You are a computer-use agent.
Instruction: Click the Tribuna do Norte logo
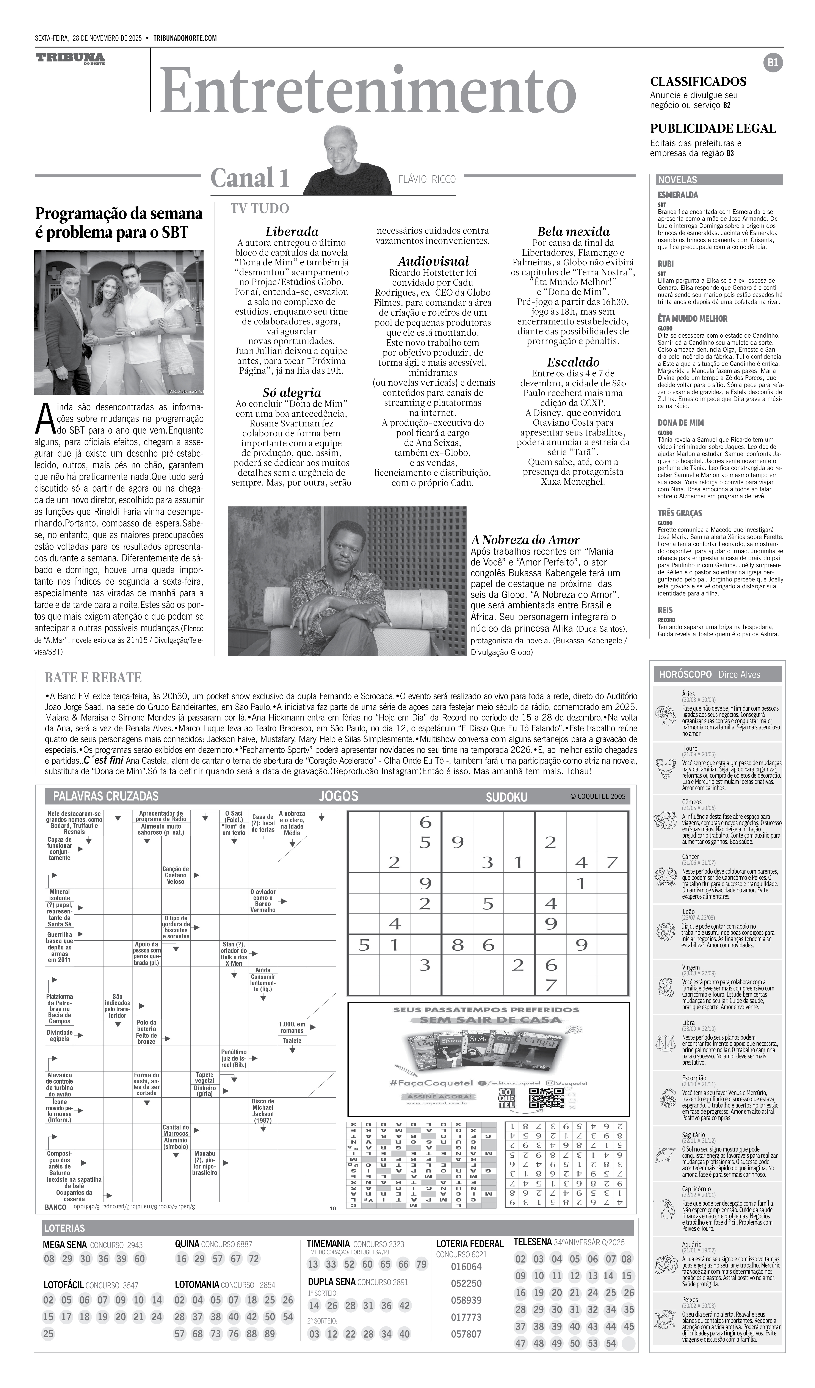click(x=70, y=58)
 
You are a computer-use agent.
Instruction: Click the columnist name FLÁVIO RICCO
click(x=427, y=179)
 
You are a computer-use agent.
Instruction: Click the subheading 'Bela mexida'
click(x=573, y=231)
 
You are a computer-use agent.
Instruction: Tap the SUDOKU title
click(x=506, y=797)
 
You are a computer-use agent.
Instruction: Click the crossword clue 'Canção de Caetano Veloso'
click(x=176, y=875)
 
